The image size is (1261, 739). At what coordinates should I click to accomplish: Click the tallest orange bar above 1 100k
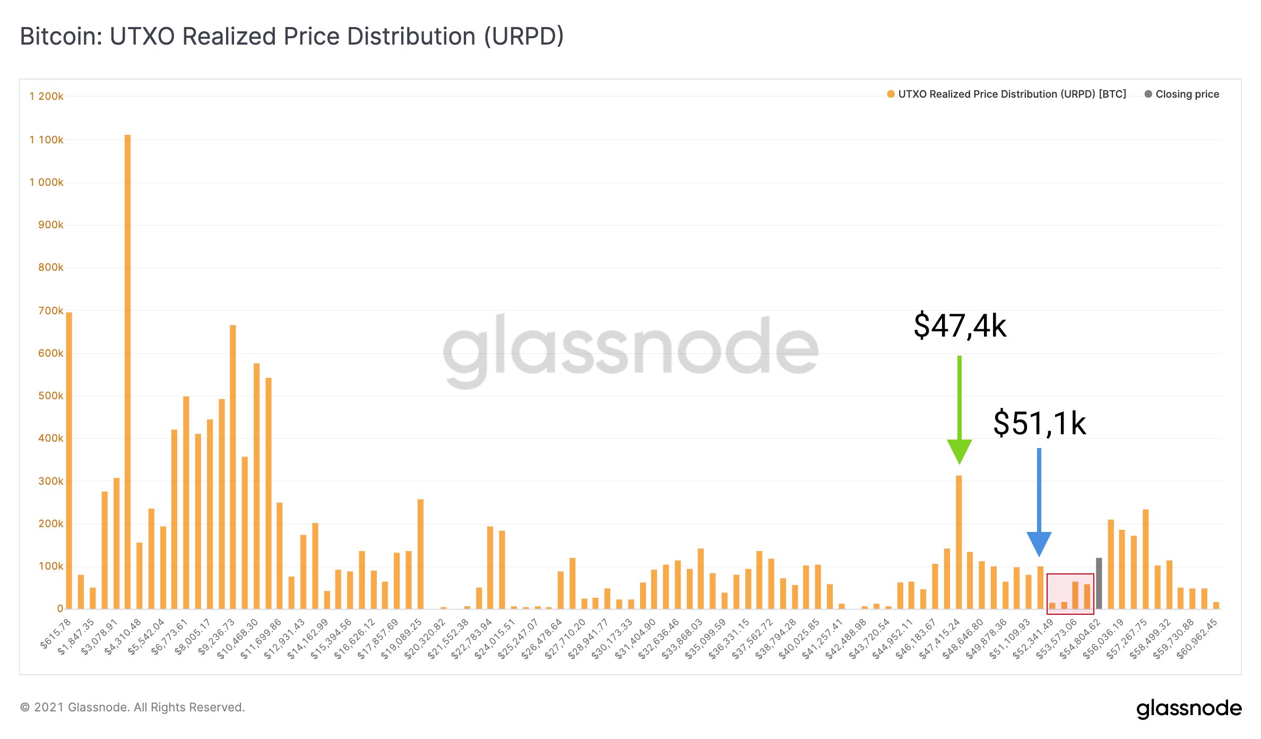[127, 372]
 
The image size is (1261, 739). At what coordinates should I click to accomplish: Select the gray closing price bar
[1099, 583]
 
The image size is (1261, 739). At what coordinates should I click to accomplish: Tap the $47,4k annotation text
[960, 325]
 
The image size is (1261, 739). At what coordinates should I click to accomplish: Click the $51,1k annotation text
[1039, 423]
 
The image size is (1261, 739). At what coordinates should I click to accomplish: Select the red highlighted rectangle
[1070, 594]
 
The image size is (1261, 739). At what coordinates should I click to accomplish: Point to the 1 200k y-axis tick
[47, 96]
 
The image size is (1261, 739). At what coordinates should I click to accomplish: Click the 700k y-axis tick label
[51, 311]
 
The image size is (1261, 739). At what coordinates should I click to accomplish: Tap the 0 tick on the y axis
[60, 608]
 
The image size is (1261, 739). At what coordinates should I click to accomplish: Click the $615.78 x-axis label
[56, 634]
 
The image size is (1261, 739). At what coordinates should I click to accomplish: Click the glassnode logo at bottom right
[1189, 708]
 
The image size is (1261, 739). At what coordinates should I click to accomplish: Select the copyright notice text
[132, 707]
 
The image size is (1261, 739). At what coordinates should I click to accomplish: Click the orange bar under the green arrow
[958, 542]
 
